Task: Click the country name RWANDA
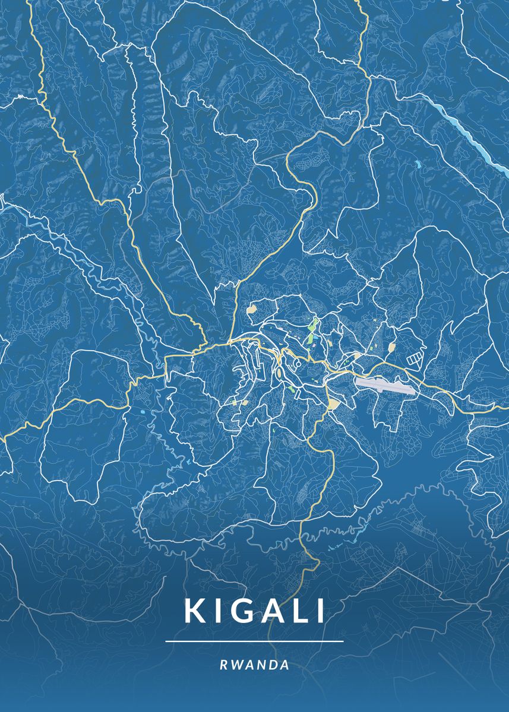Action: pyautogui.click(x=255, y=665)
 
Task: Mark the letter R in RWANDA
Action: pyautogui.click(x=223, y=665)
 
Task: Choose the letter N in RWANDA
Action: pyautogui.click(x=261, y=665)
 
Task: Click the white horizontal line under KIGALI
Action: pyautogui.click(x=255, y=641)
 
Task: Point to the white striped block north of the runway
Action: pyautogui.click(x=415, y=358)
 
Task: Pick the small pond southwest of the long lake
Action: pyautogui.click(x=418, y=163)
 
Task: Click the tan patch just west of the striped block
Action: pyautogui.click(x=391, y=347)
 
